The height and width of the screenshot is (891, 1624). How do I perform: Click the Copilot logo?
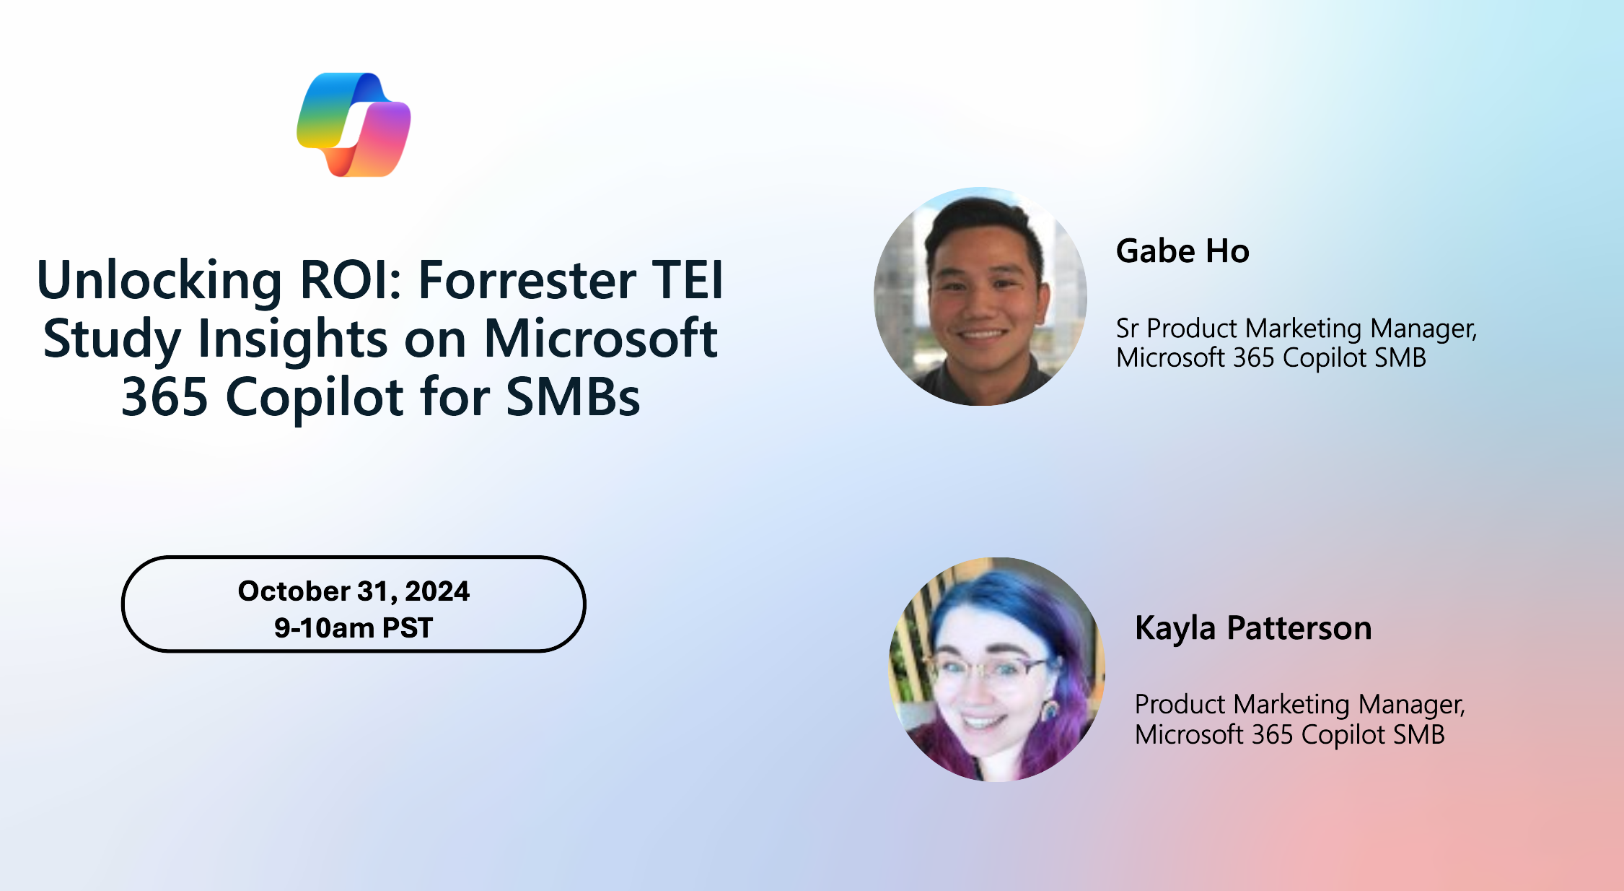(x=354, y=124)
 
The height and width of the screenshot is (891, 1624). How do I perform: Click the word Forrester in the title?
(x=527, y=280)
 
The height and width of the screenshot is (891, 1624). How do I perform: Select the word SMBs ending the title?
(x=573, y=397)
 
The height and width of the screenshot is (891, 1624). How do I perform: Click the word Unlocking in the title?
(x=159, y=280)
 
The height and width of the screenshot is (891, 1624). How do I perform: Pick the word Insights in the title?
(x=292, y=339)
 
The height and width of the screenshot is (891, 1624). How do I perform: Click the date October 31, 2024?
(x=354, y=591)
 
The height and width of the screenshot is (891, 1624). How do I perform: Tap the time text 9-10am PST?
(x=354, y=628)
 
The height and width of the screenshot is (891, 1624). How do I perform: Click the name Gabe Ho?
(x=1182, y=251)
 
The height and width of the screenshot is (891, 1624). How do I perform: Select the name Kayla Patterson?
(x=1253, y=627)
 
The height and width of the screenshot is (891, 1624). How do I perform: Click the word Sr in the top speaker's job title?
(x=1127, y=329)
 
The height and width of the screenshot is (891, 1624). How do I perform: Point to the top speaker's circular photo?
(x=980, y=296)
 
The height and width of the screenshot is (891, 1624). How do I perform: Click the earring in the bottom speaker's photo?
(x=1050, y=709)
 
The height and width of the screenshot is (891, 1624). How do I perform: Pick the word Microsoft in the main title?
(x=600, y=339)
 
